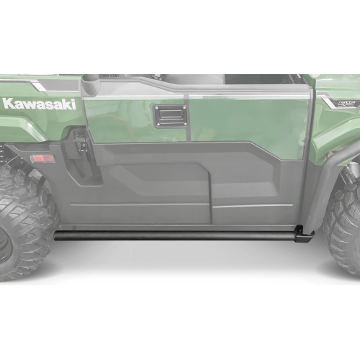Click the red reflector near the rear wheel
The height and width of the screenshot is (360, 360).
42,158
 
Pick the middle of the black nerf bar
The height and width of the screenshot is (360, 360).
176,235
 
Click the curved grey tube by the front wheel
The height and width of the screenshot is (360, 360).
315,180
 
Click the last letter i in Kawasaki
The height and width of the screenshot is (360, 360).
73,103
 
